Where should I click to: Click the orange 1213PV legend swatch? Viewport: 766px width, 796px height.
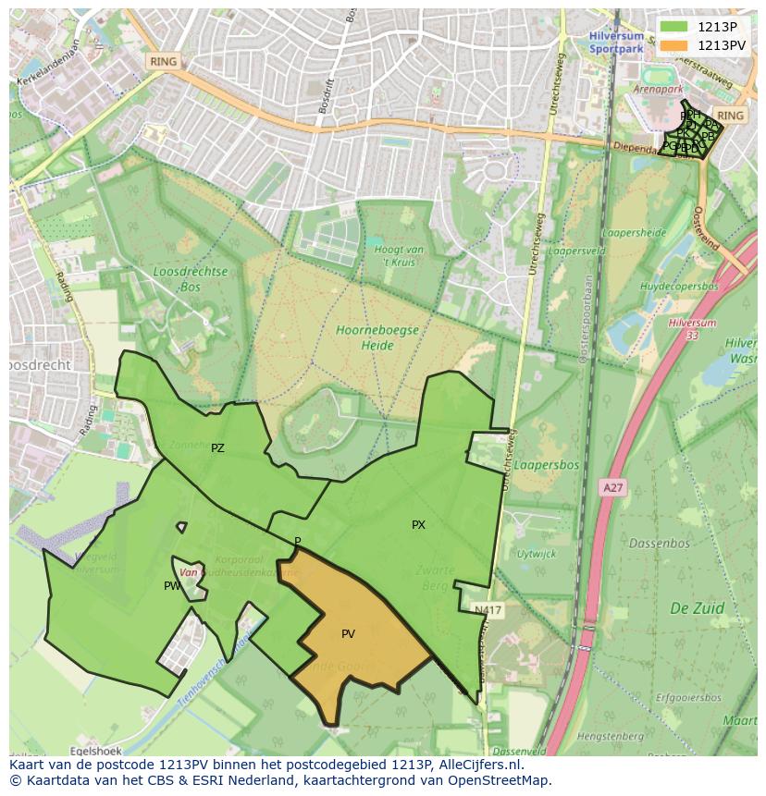[x=674, y=45]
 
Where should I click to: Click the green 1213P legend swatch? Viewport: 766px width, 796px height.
[x=674, y=27]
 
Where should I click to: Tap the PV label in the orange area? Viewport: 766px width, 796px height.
[x=348, y=634]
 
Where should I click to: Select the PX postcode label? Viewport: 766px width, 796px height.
[x=418, y=525]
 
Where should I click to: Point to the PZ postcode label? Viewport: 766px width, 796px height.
[x=217, y=448]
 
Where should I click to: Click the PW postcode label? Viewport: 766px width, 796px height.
[x=172, y=586]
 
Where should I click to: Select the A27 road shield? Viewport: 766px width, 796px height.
[x=612, y=487]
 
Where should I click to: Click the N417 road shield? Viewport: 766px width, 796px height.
[x=488, y=610]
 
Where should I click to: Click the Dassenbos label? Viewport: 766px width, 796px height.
[x=660, y=544]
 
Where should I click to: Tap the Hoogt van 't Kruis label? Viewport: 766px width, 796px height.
[x=400, y=256]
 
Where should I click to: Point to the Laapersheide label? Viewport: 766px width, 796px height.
[x=635, y=233]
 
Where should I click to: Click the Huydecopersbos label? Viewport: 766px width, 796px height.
[x=679, y=287]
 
